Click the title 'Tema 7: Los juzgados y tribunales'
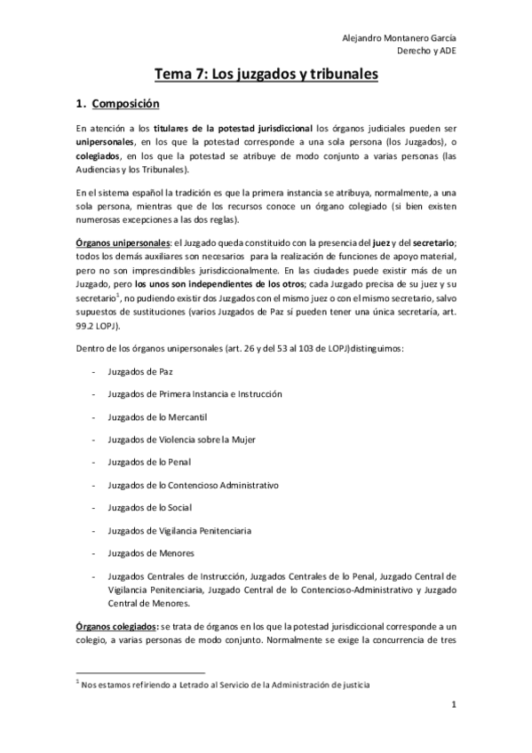[266, 75]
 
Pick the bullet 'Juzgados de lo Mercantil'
[156, 416]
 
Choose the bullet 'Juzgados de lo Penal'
[147, 463]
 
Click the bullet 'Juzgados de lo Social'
[148, 508]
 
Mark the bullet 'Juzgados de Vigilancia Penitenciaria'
[179, 531]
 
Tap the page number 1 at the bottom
[453, 706]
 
